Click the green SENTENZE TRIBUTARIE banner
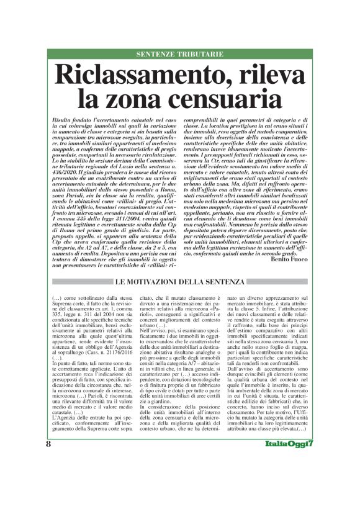179,55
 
